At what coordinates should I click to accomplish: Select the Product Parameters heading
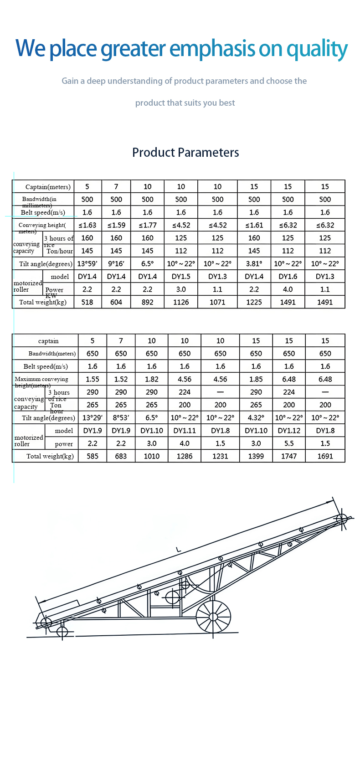pyautogui.click(x=185, y=152)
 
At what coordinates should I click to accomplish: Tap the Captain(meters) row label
pyautogui.click(x=48, y=187)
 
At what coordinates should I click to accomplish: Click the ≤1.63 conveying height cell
pyautogui.click(x=87, y=225)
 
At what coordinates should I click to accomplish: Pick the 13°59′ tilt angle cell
pyautogui.click(x=87, y=264)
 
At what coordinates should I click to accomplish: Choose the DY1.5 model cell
pyautogui.click(x=181, y=277)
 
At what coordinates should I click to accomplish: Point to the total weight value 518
pyautogui.click(x=87, y=302)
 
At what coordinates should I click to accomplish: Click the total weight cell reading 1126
pyautogui.click(x=181, y=302)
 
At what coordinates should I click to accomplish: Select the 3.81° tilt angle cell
pyautogui.click(x=254, y=264)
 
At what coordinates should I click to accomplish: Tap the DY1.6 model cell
pyautogui.click(x=288, y=277)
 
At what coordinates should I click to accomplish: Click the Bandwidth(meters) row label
pyautogui.click(x=52, y=354)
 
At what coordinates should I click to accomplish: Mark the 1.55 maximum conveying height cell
pyautogui.click(x=93, y=379)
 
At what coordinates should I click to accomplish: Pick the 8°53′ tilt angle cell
pyautogui.click(x=121, y=418)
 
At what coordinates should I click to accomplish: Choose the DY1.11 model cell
pyautogui.click(x=185, y=431)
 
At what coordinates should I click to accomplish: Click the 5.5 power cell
pyautogui.click(x=289, y=443)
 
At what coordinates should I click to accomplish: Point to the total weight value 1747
pyautogui.click(x=289, y=456)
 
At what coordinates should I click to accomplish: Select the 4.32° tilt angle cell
pyautogui.click(x=256, y=418)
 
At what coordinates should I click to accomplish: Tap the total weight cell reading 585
pyautogui.click(x=93, y=456)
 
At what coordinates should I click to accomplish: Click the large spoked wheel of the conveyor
pyautogui.click(x=213, y=617)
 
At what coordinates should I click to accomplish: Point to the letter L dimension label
pyautogui.click(x=179, y=550)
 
